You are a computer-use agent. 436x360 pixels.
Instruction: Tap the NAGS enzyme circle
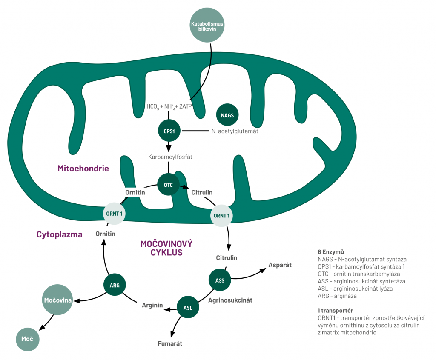point(228,115)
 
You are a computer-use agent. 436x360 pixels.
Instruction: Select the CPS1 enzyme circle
point(169,131)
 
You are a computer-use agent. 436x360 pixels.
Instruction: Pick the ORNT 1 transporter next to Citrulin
point(222,215)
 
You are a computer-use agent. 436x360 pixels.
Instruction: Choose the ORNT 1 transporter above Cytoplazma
point(115,213)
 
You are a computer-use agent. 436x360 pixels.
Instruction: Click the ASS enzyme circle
point(220,280)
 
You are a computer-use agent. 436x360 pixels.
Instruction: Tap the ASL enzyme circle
point(188,307)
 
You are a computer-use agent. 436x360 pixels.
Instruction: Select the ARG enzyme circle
point(115,285)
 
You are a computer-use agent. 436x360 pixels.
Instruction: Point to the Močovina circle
point(57,300)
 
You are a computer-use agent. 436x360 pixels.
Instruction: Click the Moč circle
point(28,339)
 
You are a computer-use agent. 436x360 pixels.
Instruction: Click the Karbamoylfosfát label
point(170,157)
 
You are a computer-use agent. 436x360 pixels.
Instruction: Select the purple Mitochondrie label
point(83,169)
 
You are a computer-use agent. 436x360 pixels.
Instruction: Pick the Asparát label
point(280,265)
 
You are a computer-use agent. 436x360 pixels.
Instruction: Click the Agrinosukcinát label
point(230,300)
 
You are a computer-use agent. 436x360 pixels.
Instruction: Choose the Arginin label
point(152,305)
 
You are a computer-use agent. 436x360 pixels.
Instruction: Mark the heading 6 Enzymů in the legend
point(330,251)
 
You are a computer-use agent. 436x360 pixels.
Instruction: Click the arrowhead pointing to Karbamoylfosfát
point(169,148)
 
